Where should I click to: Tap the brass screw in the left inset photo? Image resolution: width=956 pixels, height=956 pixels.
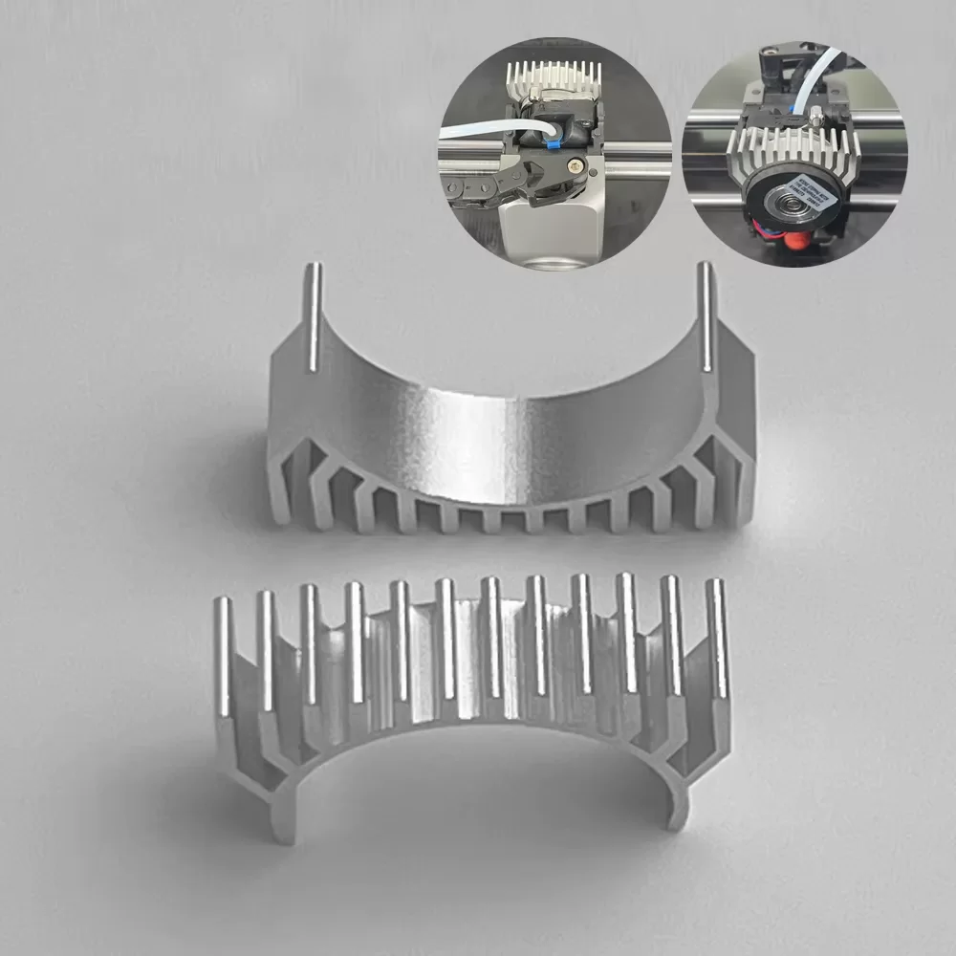pos(574,164)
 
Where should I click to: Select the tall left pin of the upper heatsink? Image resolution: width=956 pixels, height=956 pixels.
pos(313,315)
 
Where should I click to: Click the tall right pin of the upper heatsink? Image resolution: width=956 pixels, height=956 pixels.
pos(705,315)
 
